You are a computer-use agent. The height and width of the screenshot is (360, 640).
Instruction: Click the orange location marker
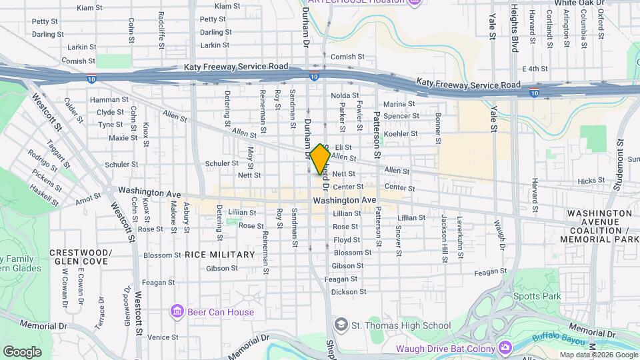pos(320,159)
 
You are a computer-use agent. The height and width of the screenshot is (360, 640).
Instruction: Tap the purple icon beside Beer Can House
pos(177,311)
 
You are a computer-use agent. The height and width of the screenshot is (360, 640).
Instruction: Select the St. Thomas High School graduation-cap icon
pos(341,325)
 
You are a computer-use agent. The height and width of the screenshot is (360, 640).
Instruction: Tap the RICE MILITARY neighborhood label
pos(219,255)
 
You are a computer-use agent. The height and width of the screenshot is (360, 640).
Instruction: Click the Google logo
pos(22,351)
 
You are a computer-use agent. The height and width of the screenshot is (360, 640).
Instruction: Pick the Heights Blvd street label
pos(514,27)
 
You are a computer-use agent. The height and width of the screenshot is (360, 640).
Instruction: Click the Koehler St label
pos(400,133)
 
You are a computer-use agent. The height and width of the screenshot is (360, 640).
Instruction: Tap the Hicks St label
pos(591,181)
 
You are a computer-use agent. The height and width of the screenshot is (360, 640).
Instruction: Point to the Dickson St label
pos(349,291)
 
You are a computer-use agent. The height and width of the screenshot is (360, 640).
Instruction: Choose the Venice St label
pos(163,337)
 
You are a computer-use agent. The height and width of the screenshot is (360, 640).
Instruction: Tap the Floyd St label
pos(346,240)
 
